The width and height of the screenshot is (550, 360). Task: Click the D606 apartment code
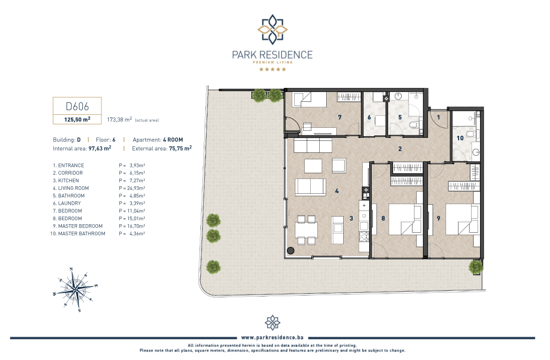(x=77, y=106)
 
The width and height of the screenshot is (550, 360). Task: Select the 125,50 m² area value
(x=77, y=119)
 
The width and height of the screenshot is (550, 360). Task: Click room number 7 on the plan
(x=340, y=117)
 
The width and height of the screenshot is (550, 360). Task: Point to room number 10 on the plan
(x=460, y=138)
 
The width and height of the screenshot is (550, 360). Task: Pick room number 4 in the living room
(x=337, y=191)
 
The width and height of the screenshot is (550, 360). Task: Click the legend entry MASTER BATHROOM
(x=81, y=234)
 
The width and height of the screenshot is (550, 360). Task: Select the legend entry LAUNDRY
(x=69, y=203)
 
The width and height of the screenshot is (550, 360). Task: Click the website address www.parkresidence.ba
(x=272, y=338)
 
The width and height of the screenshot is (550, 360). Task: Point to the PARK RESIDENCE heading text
(x=272, y=55)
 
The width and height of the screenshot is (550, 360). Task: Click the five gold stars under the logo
(x=273, y=69)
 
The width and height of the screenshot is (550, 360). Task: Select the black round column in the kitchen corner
(x=290, y=251)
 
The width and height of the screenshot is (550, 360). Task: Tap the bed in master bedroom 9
(x=463, y=220)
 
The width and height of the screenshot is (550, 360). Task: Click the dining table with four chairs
(x=306, y=230)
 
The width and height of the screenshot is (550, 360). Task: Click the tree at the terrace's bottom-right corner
(x=476, y=267)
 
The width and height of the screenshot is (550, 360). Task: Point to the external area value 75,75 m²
(x=180, y=148)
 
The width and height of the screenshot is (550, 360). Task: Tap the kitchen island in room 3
(x=337, y=230)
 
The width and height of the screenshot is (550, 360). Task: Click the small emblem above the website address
(x=273, y=323)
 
